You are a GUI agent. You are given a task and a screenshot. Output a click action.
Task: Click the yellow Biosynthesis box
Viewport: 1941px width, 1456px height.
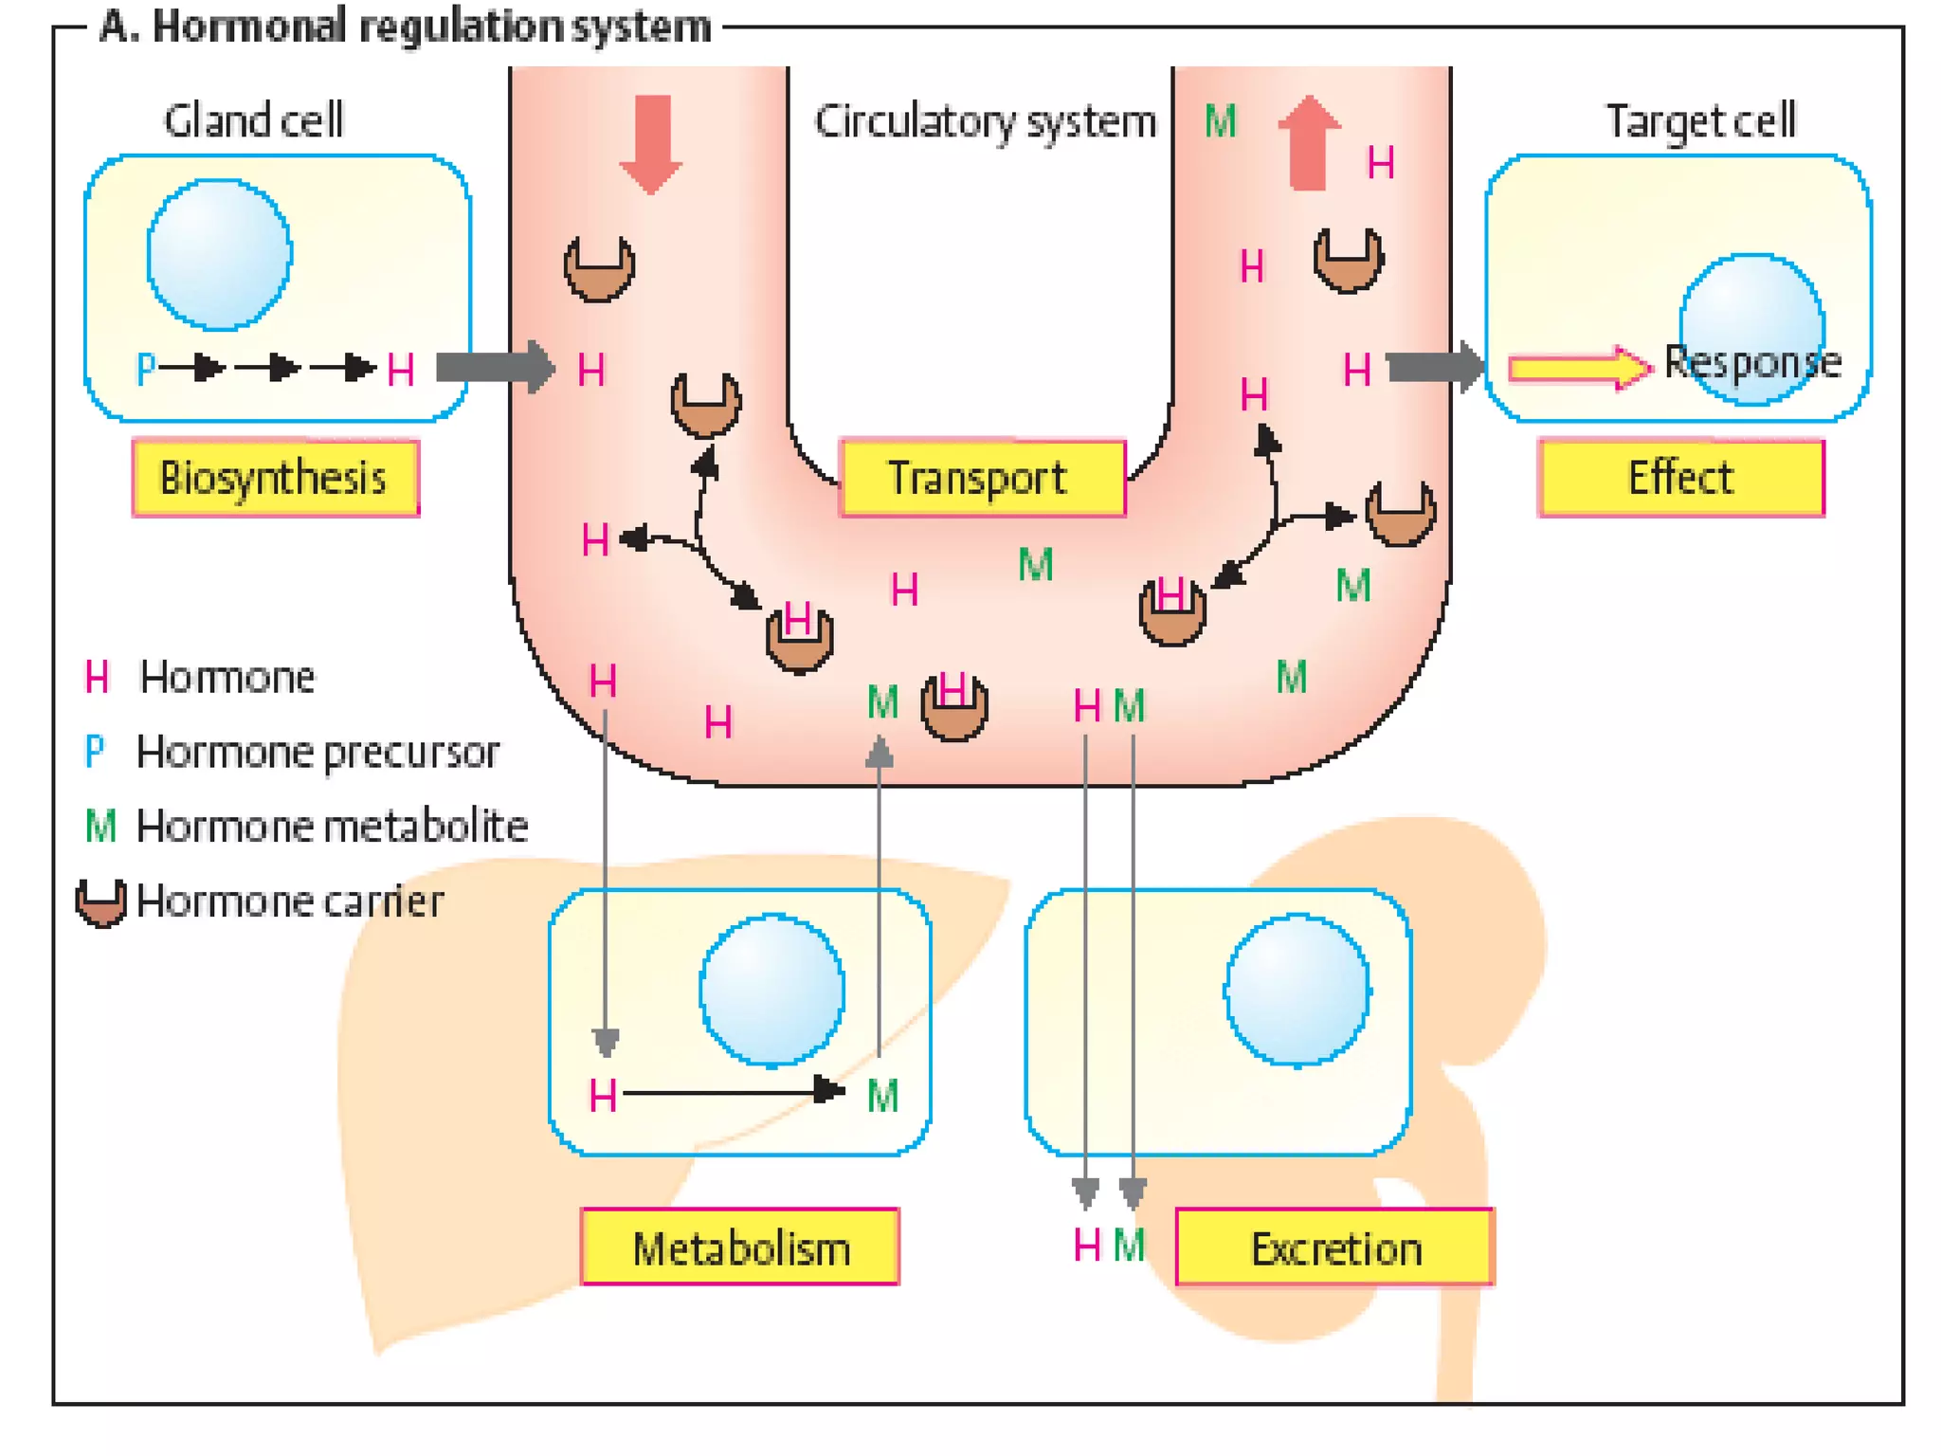pos(275,478)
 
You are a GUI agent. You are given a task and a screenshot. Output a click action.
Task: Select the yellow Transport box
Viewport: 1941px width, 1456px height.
pos(982,478)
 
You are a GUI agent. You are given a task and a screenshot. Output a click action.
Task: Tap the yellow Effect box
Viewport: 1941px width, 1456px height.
pos(1680,478)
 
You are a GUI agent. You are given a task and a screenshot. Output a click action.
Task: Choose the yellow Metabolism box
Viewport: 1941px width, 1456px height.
pos(739,1247)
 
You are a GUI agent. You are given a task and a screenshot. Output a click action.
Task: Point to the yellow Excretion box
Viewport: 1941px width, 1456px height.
pos(1334,1247)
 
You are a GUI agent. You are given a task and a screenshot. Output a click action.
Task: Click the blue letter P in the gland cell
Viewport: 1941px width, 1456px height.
pos(145,369)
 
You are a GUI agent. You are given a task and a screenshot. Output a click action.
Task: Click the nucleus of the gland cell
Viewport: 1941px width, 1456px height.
pos(220,255)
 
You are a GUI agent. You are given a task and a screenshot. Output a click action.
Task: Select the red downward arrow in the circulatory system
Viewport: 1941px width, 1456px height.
pos(650,143)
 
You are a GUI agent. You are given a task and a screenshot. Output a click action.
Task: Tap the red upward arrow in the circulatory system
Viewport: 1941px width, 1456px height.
pos(1308,143)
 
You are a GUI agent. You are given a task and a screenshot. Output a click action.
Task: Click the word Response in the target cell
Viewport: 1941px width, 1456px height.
pos(1752,362)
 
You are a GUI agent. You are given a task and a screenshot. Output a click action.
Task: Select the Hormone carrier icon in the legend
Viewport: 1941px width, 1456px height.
pos(100,901)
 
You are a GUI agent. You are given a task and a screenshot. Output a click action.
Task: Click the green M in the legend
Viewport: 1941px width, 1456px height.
pos(100,827)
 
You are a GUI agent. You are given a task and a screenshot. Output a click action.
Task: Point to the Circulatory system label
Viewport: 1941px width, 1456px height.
pos(985,121)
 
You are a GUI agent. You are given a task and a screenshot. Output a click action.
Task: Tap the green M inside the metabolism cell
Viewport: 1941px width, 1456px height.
pos(882,1097)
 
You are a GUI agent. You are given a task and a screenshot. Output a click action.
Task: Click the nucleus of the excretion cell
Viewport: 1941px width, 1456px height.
pos(1297,991)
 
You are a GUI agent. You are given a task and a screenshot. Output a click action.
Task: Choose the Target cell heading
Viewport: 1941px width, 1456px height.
pos(1700,121)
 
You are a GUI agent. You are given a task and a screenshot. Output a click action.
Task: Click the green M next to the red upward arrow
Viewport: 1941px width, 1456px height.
pos(1221,121)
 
